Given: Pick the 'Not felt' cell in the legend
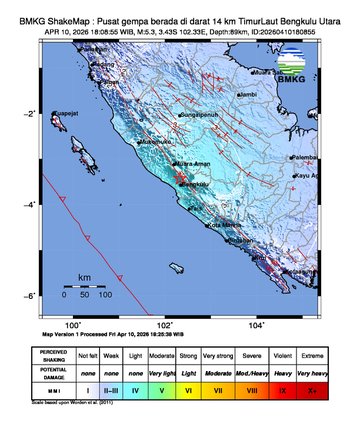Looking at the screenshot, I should (x=89, y=354).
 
